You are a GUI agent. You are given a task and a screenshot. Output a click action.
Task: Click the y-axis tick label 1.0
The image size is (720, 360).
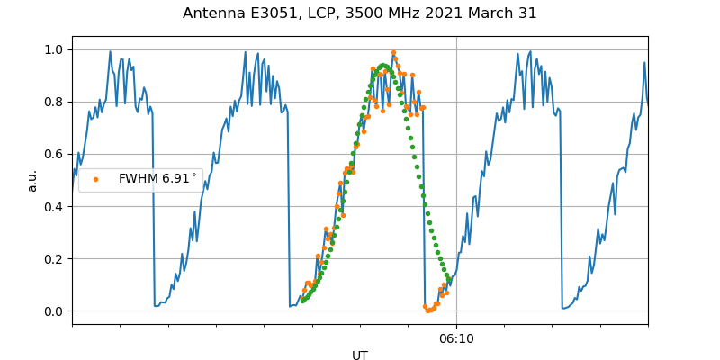tap(54, 49)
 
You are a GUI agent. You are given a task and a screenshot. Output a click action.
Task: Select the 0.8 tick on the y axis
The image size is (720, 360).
tap(54, 102)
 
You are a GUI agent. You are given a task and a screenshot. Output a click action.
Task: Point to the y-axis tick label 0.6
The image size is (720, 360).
tap(54, 154)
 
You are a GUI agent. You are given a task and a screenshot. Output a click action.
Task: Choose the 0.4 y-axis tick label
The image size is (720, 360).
tap(54, 206)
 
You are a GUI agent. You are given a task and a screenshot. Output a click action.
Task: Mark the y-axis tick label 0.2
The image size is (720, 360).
tap(54, 258)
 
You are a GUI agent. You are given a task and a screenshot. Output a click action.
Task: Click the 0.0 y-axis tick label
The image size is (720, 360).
tap(54, 311)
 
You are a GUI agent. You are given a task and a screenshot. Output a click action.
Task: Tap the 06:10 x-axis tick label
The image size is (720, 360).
tap(456, 338)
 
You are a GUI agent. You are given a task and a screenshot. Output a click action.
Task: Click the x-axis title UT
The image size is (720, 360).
tap(360, 355)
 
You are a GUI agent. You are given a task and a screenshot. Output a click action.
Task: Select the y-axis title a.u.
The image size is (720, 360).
tap(32, 180)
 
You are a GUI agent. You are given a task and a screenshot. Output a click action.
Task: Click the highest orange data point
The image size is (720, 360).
tap(393, 53)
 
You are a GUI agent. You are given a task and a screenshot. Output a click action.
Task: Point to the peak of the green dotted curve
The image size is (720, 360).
tap(383, 66)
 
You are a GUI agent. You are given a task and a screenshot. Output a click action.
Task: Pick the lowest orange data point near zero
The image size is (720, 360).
tap(428, 310)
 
